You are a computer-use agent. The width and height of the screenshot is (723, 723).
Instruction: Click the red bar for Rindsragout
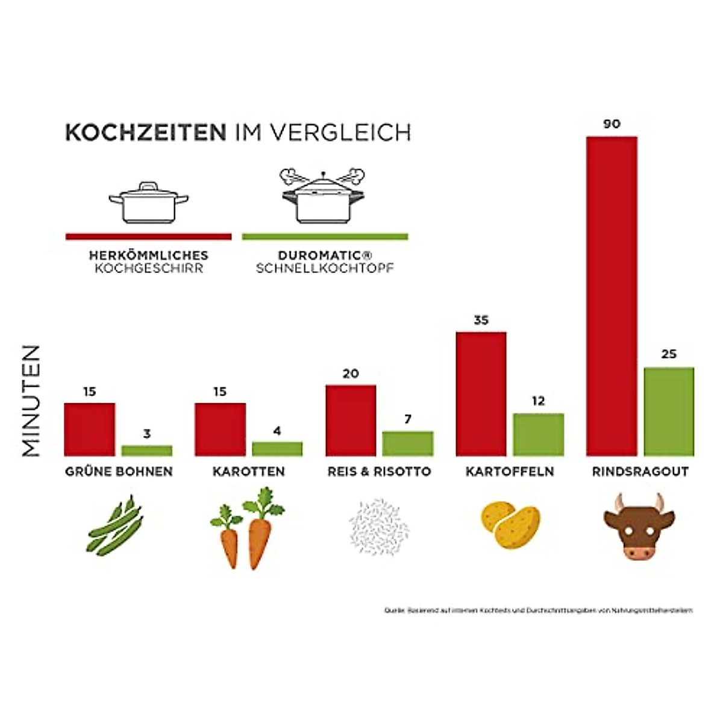coord(612,296)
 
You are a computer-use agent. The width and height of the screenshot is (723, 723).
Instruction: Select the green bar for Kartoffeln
coord(539,434)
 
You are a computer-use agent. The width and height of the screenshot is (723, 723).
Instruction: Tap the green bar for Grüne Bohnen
coord(147,450)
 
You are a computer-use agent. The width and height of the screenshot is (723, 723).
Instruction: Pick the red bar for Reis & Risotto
coord(351,420)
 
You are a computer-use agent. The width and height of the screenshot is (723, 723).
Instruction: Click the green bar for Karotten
coord(277,448)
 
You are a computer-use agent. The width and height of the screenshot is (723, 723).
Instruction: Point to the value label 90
coord(612,124)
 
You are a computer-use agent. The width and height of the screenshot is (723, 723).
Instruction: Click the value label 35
coord(481,320)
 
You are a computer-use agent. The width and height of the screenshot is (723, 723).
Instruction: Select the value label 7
coord(408,419)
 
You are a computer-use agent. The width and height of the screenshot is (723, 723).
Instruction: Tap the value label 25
coord(669,354)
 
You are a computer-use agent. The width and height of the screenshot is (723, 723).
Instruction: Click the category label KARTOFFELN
coord(510,472)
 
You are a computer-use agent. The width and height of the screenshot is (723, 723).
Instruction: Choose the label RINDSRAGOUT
coord(640,472)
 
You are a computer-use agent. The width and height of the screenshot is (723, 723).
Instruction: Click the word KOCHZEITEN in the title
coord(146,133)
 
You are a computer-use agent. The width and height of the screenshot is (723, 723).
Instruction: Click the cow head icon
coord(639,527)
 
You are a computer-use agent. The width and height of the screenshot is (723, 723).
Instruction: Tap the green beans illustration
coord(116,526)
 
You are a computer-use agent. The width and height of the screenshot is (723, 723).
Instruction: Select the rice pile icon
coord(378,526)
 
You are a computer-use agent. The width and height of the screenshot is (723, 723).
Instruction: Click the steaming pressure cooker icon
coord(323,196)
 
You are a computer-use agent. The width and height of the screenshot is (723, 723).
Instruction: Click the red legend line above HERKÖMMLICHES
coord(148,237)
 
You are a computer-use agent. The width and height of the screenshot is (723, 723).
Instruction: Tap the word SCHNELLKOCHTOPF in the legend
coord(325,269)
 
